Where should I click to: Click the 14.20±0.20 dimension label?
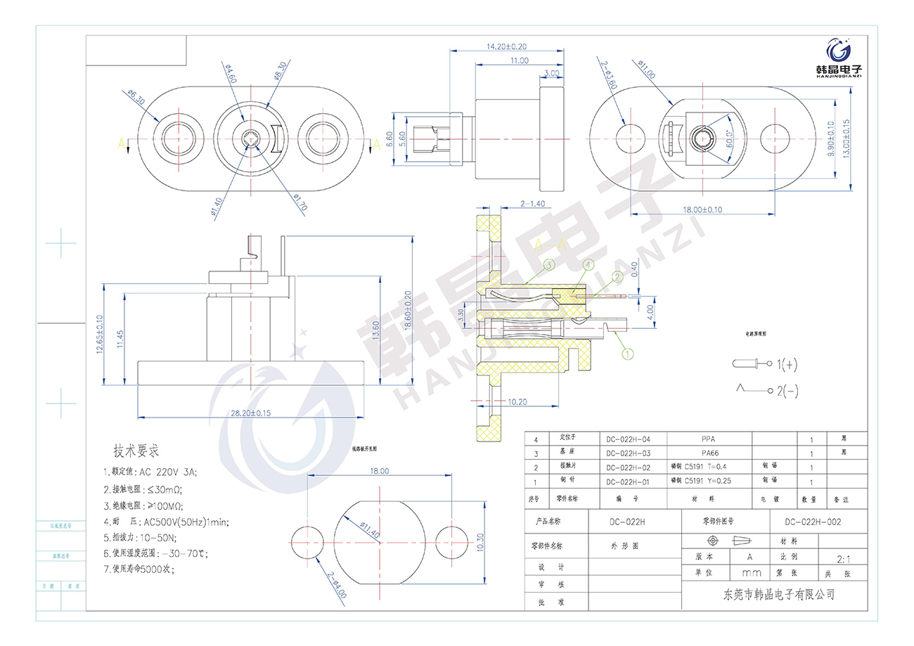click(x=506, y=46)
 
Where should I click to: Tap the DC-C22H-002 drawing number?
click(x=812, y=522)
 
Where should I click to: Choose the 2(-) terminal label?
click(x=787, y=389)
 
